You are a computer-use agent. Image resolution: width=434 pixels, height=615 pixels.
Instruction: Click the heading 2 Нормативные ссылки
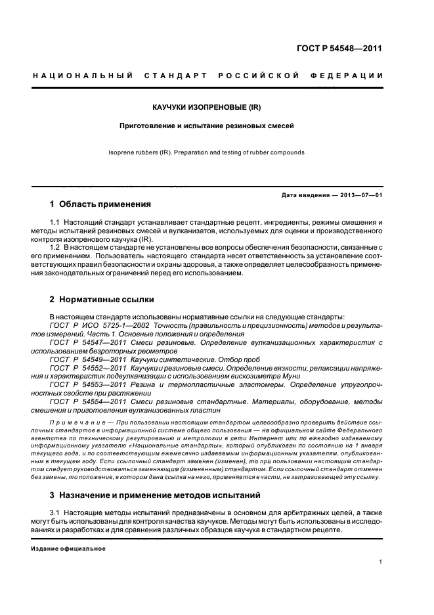pyautogui.click(x=102, y=299)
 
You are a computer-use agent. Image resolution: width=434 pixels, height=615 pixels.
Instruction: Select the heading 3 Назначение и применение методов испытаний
pyautogui.click(x=155, y=494)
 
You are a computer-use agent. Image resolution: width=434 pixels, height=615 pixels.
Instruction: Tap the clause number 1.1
pyautogui.click(x=55, y=224)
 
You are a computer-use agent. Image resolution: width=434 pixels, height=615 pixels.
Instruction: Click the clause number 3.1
pyautogui.click(x=55, y=512)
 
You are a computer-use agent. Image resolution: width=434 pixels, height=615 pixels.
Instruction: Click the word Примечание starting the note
pyautogui.click(x=73, y=421)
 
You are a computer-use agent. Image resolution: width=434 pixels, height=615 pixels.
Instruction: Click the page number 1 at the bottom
pyautogui.click(x=381, y=562)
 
